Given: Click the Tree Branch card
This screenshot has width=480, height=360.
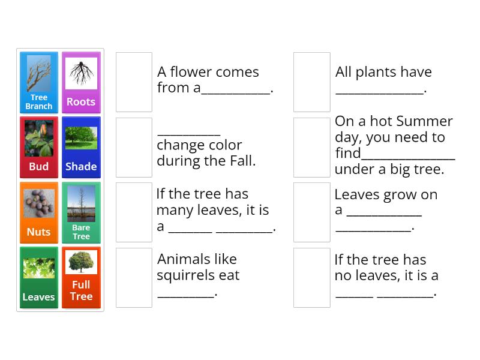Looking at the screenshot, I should (x=39, y=82).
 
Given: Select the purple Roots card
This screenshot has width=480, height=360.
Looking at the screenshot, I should (x=81, y=82).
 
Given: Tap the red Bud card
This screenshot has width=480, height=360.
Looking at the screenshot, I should (x=39, y=147).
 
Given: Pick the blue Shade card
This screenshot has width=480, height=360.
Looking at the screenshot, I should (x=81, y=147).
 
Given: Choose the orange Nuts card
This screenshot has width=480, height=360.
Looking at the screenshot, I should (x=39, y=212).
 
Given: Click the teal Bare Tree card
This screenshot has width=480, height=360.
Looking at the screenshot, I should (x=81, y=212).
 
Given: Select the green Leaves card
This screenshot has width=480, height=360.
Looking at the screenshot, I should (x=39, y=277).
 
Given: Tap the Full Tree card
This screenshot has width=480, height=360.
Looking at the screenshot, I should (x=81, y=277).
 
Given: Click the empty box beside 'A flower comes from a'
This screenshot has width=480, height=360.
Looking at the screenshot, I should (x=134, y=82).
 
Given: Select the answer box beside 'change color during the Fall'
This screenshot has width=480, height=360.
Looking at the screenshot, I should (x=134, y=147).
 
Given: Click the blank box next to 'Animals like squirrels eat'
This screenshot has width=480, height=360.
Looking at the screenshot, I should (x=134, y=277).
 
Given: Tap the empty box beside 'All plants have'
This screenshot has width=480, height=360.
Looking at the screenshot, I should (x=312, y=82).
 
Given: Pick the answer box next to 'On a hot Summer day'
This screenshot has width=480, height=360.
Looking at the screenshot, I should (x=312, y=147).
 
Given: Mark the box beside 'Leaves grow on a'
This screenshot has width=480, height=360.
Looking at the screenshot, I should (x=312, y=212).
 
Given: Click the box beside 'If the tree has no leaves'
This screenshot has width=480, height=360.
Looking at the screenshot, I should (x=312, y=277).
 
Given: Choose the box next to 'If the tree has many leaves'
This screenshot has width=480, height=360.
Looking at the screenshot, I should (x=134, y=212).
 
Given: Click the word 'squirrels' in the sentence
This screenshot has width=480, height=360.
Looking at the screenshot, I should (x=181, y=275).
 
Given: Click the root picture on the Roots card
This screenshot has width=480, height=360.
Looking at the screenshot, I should (x=81, y=73).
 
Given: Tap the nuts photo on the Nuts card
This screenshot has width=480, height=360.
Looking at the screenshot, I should (x=39, y=203).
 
